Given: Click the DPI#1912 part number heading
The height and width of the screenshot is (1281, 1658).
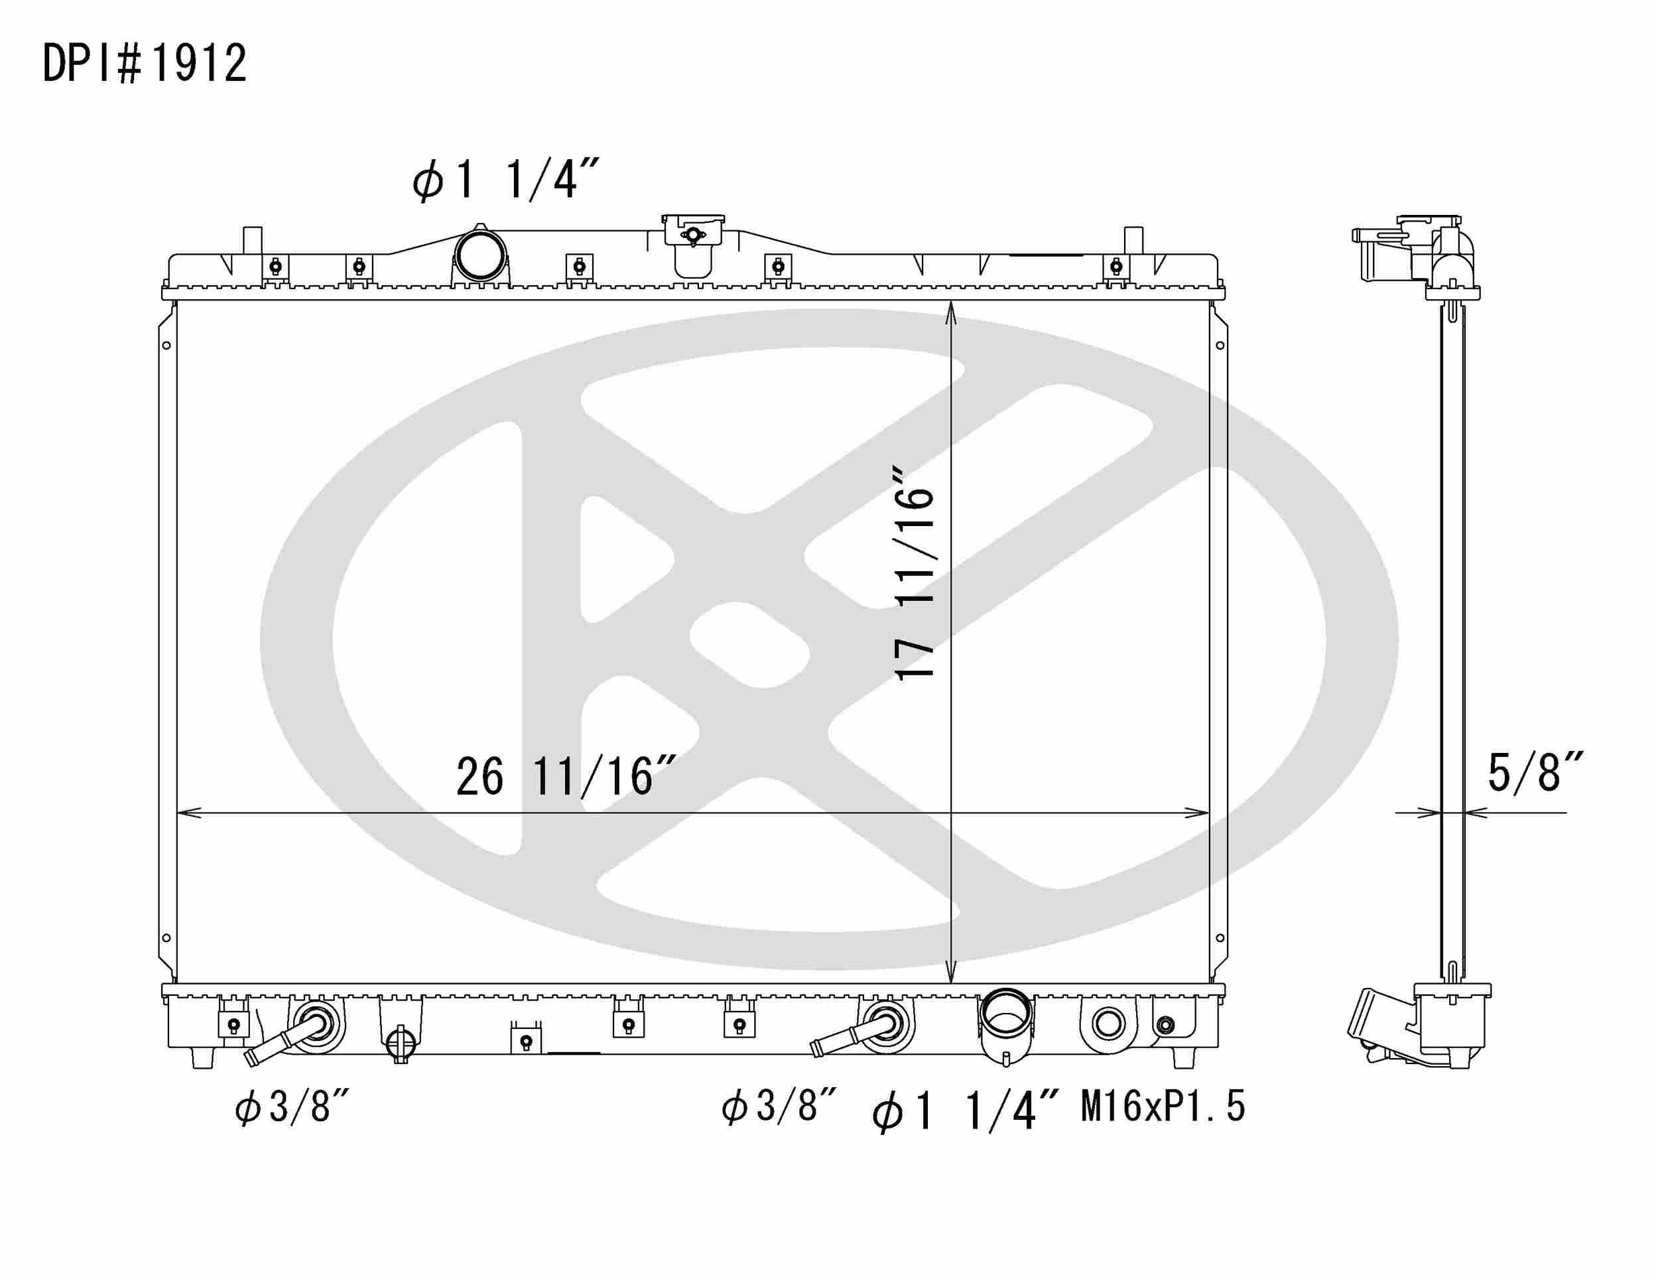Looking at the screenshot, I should point(144,63).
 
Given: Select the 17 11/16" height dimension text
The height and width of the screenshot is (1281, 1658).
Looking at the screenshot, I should point(914,574).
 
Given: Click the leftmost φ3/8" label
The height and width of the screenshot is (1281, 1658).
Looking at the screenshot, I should point(292,1107).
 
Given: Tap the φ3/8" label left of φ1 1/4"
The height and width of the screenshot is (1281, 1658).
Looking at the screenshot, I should point(778,1107).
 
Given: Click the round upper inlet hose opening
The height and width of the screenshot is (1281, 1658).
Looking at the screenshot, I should point(479,256).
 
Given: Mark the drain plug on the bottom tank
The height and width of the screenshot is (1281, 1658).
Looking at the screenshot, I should point(400,1044).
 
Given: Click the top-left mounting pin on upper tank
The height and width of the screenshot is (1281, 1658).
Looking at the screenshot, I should point(252,240).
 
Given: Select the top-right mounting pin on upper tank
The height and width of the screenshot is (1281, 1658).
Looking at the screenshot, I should point(1133,240).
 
